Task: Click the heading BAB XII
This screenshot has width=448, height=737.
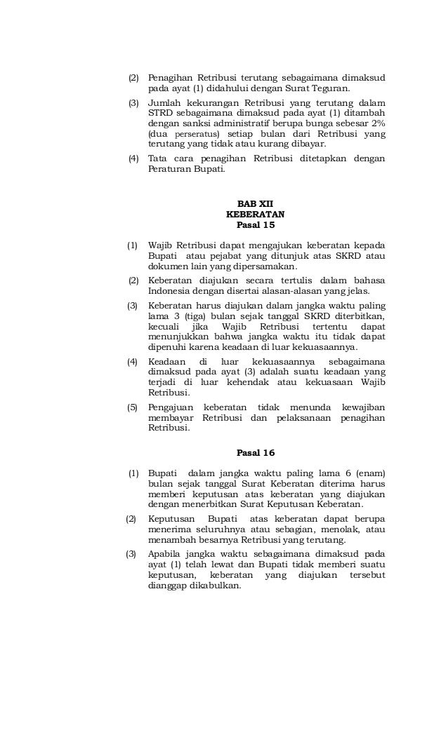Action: click(255, 203)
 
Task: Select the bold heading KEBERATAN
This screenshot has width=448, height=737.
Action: click(255, 214)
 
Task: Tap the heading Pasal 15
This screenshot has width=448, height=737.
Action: click(255, 225)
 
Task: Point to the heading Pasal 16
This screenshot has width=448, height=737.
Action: click(255, 452)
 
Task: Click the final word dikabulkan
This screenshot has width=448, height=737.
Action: click(211, 586)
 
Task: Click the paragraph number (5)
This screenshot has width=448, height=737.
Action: click(132, 407)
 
